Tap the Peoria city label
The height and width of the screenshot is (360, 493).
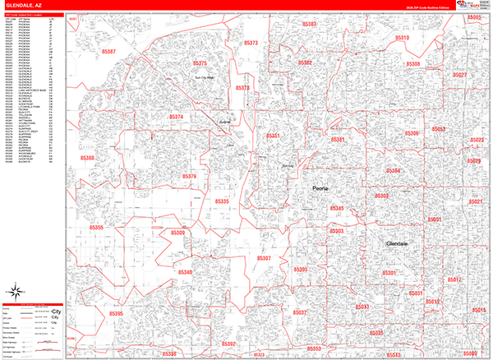pyautogui.click(x=320, y=189)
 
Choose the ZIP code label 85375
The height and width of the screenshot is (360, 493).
pyautogui.click(x=200, y=63)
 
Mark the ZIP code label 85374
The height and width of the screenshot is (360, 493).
pyautogui.click(x=177, y=118)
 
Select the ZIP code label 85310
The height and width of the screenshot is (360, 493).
pyautogui.click(x=402, y=39)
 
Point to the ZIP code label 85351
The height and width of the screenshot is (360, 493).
pyautogui.click(x=273, y=136)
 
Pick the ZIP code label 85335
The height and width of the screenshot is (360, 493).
pyautogui.click(x=222, y=201)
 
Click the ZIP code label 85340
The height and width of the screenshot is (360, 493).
pyautogui.click(x=184, y=272)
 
